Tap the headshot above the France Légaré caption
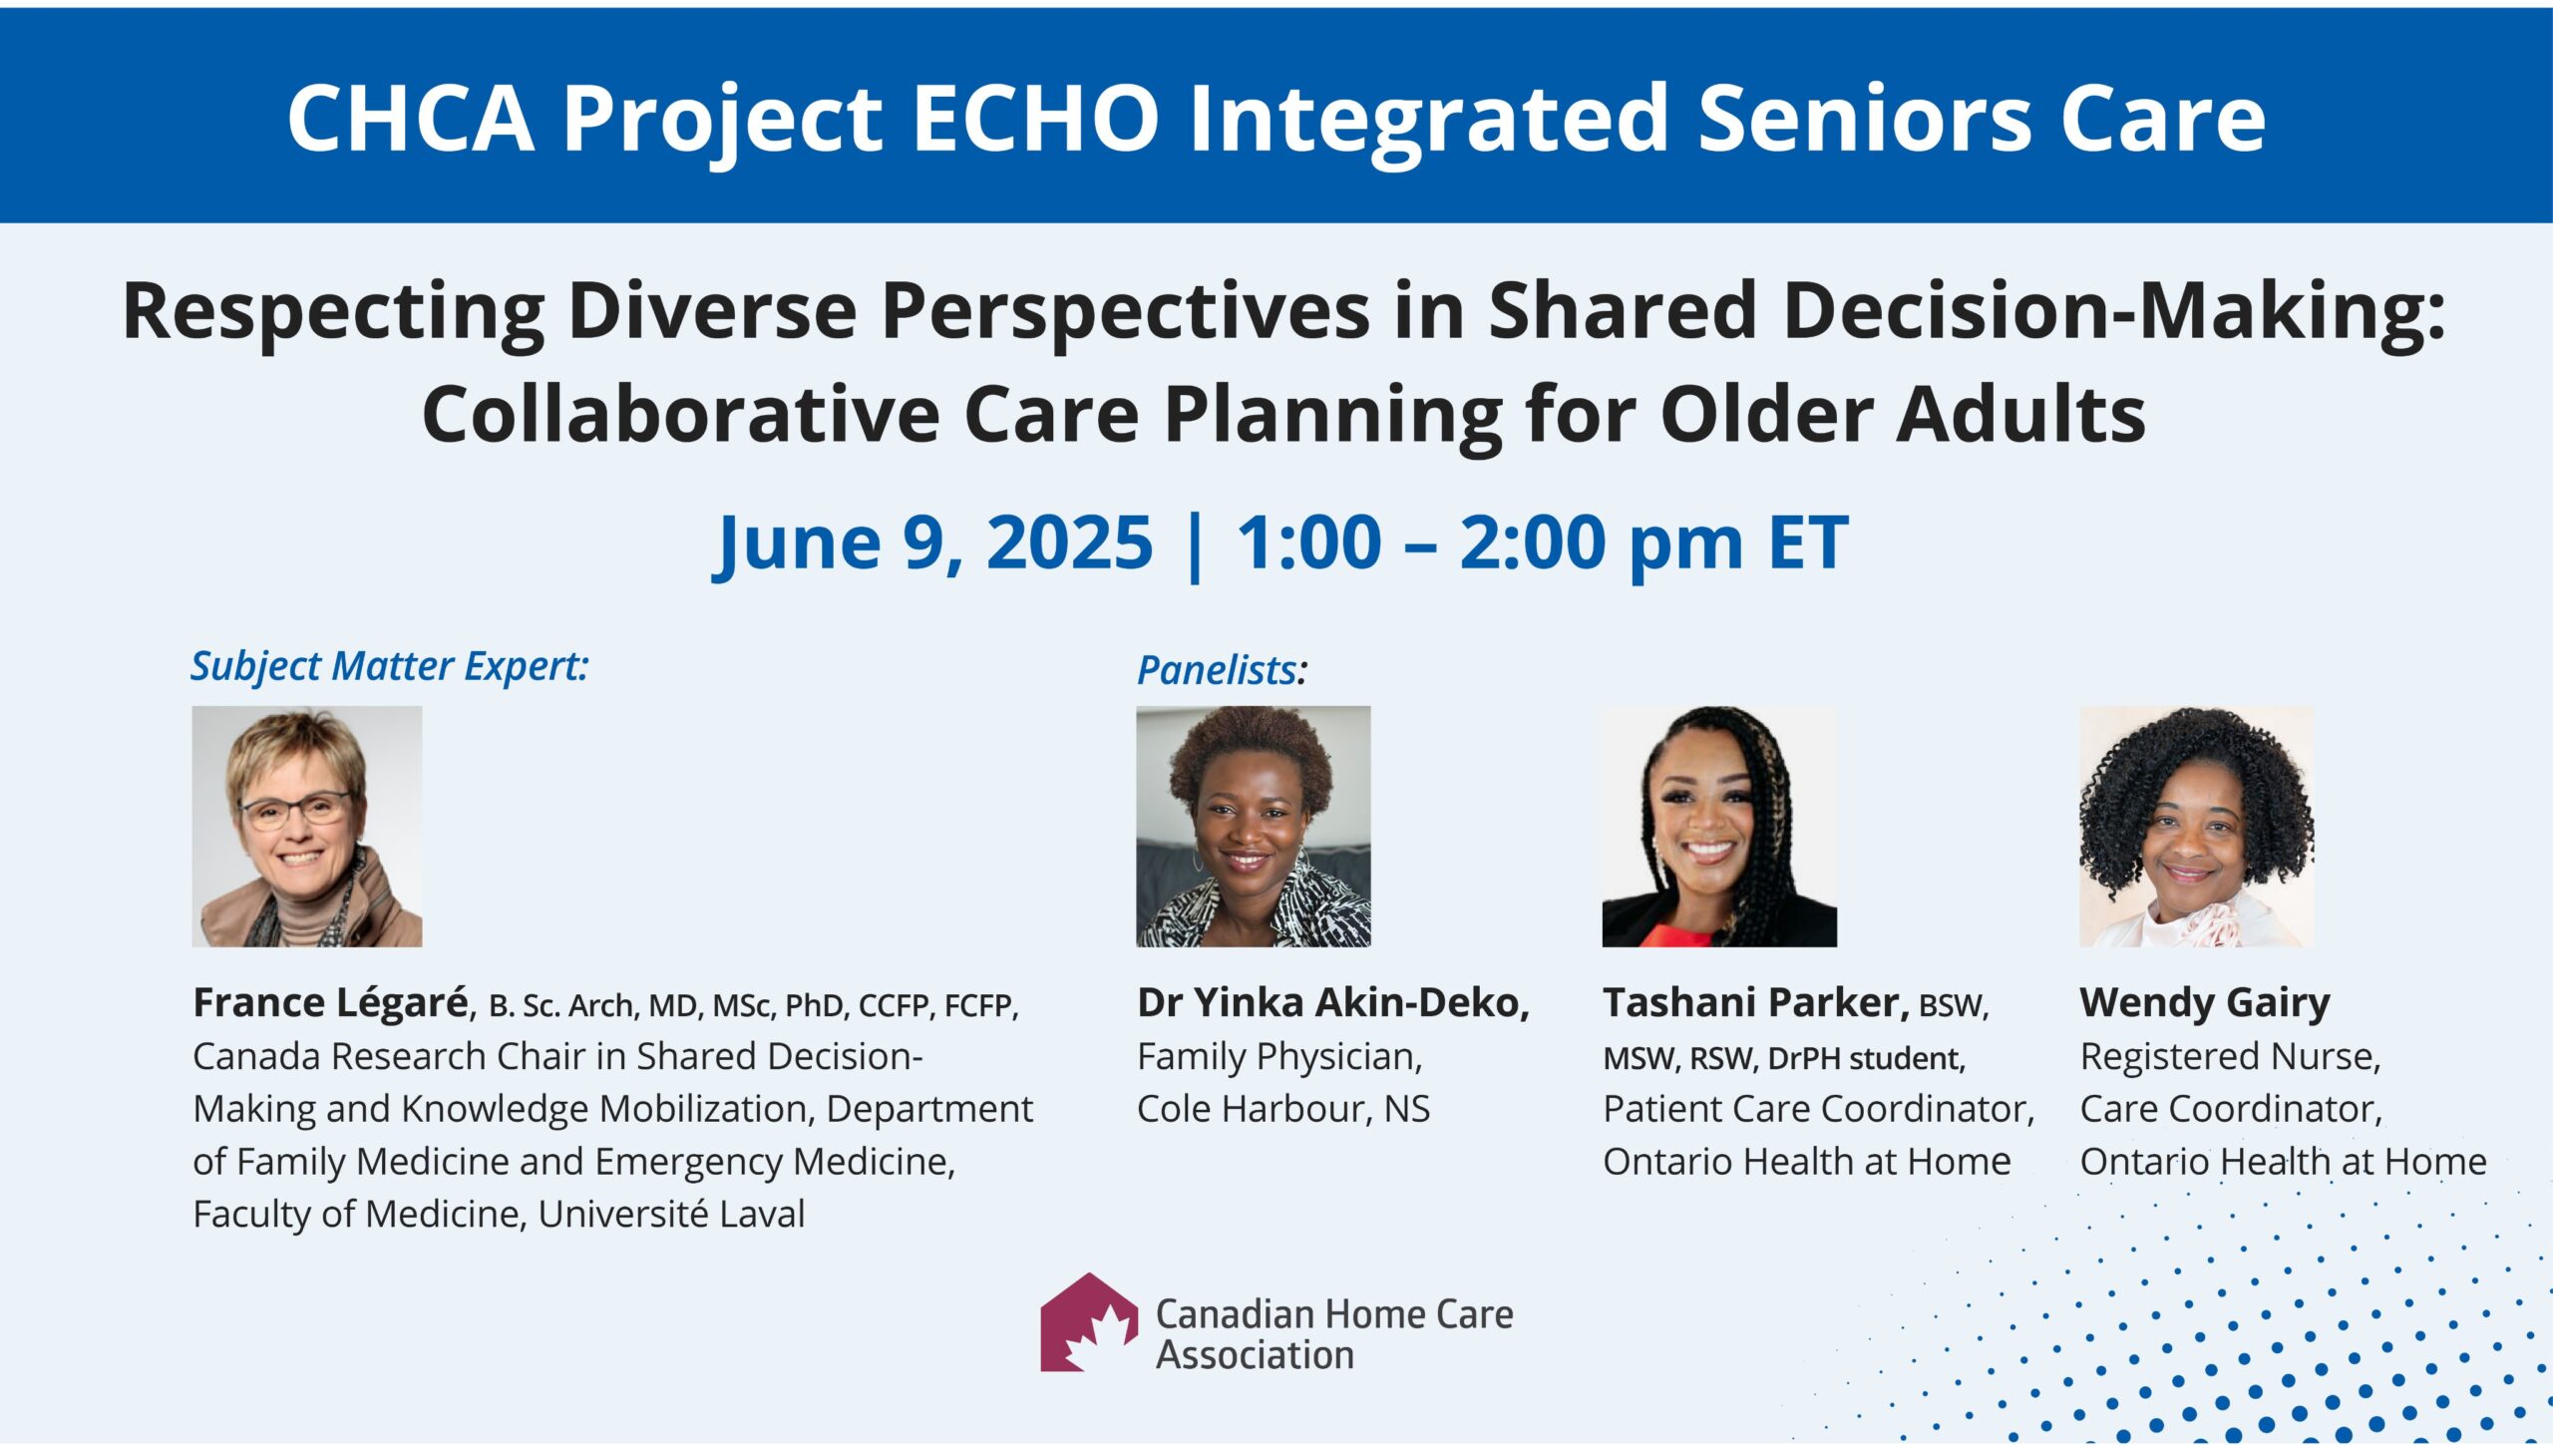pos(307,826)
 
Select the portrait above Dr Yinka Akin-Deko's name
pos(1254,826)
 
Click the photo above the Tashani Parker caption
pos(1719,826)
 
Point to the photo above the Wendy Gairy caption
pos(2196,826)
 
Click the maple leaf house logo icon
pos(1089,1322)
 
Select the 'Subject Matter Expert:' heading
pos(390,667)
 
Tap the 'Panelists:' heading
pos(1222,670)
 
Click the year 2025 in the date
pos(1069,542)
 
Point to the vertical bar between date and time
pos(1196,545)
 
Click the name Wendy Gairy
pos(2205,1003)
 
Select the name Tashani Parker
pos(1756,1002)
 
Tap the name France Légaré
pos(331,1003)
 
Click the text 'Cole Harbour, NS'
pos(1283,1109)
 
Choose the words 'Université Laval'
pos(671,1214)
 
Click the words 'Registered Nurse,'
pos(2231,1057)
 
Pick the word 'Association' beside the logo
pos(1255,1355)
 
